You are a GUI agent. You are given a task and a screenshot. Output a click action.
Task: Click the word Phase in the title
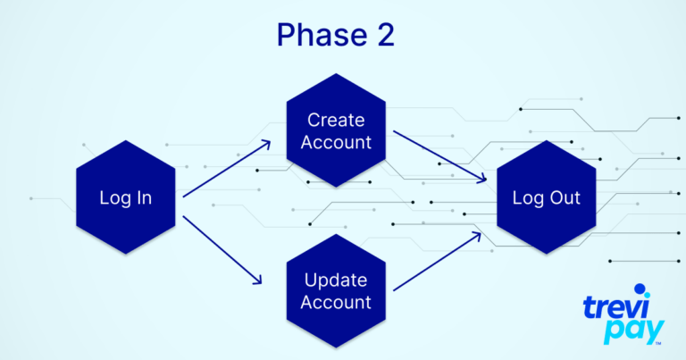pos(322,35)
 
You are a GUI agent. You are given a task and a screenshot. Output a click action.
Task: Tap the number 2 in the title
pos(386,35)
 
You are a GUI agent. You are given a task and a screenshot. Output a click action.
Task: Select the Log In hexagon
pos(126,197)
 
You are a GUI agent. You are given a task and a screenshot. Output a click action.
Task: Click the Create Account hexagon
pos(336,130)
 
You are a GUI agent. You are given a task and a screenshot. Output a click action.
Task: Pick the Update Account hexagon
pos(336,291)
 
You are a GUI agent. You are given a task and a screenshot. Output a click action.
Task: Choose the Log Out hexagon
pos(547,197)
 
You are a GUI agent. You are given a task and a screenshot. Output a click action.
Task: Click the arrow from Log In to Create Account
pos(227,169)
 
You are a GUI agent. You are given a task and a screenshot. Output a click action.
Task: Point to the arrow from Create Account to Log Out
pos(439,156)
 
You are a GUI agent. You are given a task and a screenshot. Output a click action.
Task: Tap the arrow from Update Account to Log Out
pos(437,262)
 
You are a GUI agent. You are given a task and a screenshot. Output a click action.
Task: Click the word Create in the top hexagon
pos(336,120)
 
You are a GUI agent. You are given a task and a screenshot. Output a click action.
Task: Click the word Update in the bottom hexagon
pos(336,280)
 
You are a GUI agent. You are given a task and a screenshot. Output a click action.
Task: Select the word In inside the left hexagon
pos(145,197)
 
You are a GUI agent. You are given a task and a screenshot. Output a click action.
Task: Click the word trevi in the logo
pos(615,307)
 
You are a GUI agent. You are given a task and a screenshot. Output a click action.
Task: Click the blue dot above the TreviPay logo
pos(640,289)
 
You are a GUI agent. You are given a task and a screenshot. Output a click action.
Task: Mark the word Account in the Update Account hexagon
pos(336,302)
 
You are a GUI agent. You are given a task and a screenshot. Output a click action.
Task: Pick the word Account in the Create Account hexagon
pos(336,142)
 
